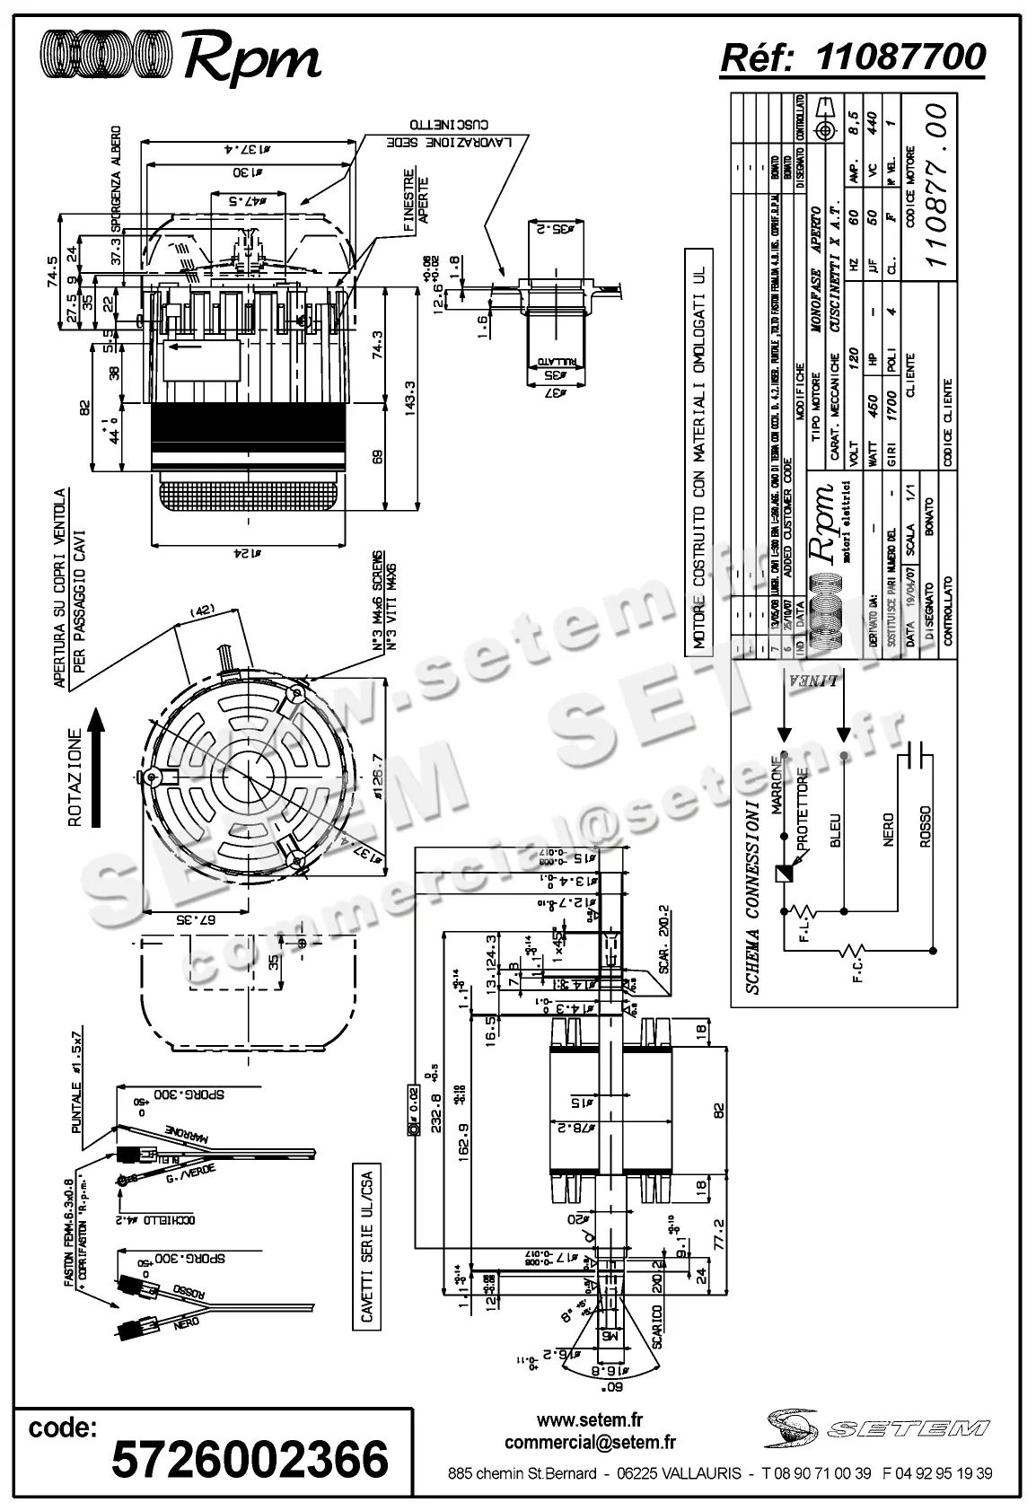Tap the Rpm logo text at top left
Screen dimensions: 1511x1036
pyautogui.click(x=252, y=59)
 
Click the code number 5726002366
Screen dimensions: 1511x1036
pyautogui.click(x=250, y=1459)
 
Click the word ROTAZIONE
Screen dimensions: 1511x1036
pyautogui.click(x=75, y=777)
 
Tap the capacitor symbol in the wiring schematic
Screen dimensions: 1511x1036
pyautogui.click(x=917, y=756)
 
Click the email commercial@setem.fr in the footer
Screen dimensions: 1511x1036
pyautogui.click(x=590, y=1442)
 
